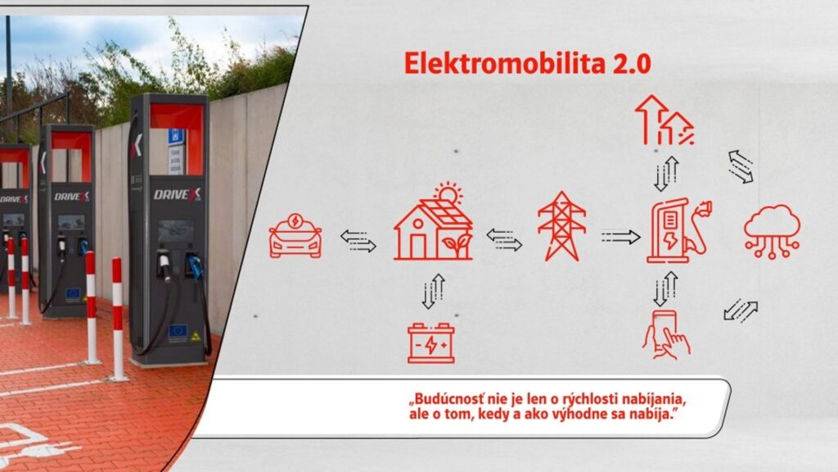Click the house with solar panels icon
click(x=433, y=226)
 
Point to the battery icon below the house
click(x=431, y=343)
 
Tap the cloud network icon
click(x=772, y=230)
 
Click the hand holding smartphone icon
click(x=665, y=334)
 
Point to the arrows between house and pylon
click(x=504, y=239)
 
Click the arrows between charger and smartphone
click(x=665, y=288)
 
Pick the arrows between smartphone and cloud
click(x=741, y=311)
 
